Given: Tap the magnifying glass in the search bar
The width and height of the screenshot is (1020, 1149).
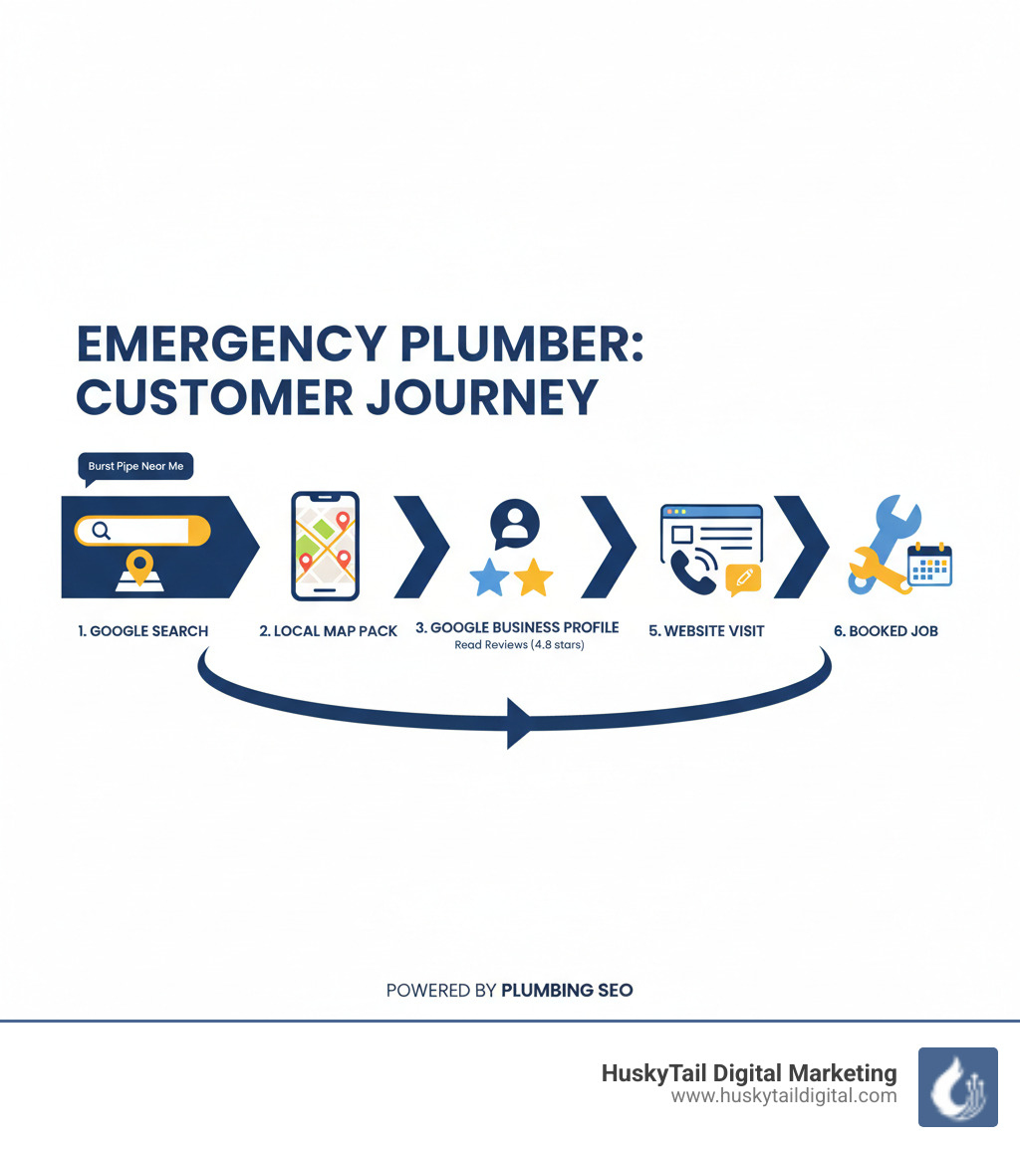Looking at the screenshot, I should point(101,531).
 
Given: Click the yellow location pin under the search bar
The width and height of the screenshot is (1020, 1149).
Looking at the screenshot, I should point(141,567).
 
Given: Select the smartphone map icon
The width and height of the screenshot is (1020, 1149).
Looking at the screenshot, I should point(325,546).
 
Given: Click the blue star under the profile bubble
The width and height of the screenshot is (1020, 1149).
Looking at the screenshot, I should point(489,577).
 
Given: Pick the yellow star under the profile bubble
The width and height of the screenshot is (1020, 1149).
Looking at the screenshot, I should point(533,577).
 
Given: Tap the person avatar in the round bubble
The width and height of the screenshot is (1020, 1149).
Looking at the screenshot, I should point(515,522).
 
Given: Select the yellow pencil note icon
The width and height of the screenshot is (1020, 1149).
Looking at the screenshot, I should point(743,577).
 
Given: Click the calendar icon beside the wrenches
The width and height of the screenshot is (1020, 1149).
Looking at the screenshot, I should point(930,565).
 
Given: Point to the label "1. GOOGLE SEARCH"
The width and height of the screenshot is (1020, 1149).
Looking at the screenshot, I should point(143,631).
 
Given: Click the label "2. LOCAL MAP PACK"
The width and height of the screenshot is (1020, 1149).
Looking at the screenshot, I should point(328,631).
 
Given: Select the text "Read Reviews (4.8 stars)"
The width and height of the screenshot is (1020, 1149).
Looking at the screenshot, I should point(519,645).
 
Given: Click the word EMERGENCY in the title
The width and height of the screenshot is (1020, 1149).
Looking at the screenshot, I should point(228,345).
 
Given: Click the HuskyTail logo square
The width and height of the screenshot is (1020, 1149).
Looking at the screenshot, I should point(957,1086).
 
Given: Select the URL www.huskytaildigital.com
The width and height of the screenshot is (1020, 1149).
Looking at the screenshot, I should point(784,1096).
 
